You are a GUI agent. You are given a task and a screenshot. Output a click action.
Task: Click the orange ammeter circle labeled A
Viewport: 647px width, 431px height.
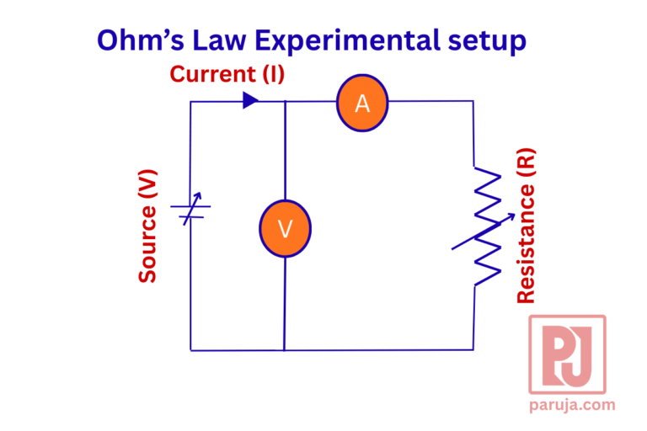click(x=362, y=103)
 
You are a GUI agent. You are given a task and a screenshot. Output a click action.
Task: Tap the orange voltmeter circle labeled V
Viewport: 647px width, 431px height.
click(x=285, y=228)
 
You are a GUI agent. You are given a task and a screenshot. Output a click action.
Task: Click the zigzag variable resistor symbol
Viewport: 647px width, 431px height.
click(x=487, y=226)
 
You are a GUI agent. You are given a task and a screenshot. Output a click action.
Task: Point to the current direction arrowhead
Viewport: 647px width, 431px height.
click(x=250, y=100)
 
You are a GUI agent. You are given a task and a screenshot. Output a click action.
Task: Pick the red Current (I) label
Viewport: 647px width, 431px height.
click(x=227, y=74)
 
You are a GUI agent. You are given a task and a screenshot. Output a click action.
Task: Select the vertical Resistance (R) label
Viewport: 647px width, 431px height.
click(x=526, y=226)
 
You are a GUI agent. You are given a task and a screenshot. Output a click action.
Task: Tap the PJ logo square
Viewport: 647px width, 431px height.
click(x=567, y=354)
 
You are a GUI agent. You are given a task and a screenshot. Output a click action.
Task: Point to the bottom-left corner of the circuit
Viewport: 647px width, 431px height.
click(x=190, y=349)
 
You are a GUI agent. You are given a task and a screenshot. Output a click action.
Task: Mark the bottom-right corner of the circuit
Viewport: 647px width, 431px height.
click(x=473, y=349)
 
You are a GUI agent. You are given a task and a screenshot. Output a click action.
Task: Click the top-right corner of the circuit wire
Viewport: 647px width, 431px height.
click(x=473, y=102)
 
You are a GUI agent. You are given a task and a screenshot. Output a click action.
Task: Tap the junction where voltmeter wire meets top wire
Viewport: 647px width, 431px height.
click(x=285, y=102)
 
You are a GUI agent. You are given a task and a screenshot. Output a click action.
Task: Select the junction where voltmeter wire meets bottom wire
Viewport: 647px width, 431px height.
click(x=285, y=349)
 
